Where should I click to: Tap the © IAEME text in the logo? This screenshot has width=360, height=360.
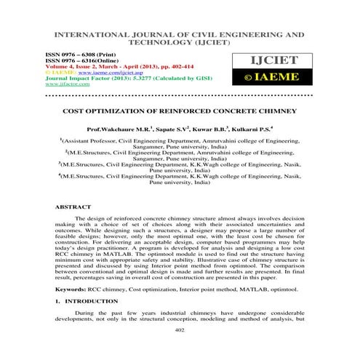(282, 75)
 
